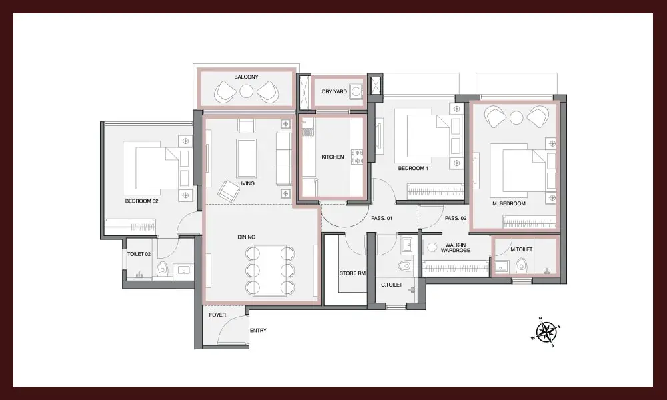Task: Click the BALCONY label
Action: click(x=246, y=77)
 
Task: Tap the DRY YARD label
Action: click(x=334, y=91)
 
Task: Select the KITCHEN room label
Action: click(x=333, y=157)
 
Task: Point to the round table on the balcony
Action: click(x=246, y=91)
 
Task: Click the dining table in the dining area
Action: click(x=269, y=271)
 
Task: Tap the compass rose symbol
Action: click(x=546, y=331)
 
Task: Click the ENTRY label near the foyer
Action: click(x=258, y=330)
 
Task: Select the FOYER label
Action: click(x=217, y=315)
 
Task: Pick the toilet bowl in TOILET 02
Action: click(x=162, y=269)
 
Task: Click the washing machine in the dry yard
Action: click(x=356, y=91)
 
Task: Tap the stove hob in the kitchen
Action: click(x=356, y=156)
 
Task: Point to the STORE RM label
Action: click(x=352, y=273)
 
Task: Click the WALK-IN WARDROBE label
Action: click(x=455, y=248)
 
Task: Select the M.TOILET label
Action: click(x=522, y=249)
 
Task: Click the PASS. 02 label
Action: click(x=456, y=218)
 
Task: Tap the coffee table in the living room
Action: click(x=247, y=158)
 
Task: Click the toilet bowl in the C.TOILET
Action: click(x=406, y=265)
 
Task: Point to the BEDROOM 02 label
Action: click(x=141, y=201)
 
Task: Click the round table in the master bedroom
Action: click(x=516, y=117)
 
